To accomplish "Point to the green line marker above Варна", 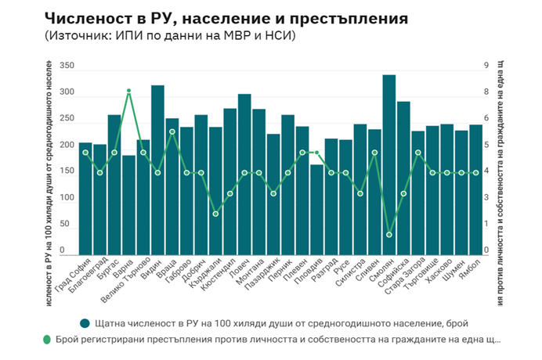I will pyautogui.click(x=128, y=92).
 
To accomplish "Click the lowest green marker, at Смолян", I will pyautogui.click(x=389, y=235).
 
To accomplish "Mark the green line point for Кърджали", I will pyautogui.click(x=215, y=214).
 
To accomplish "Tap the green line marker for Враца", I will pyautogui.click(x=172, y=131).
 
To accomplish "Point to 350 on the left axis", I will pyautogui.click(x=67, y=67).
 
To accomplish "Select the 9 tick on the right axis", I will pyautogui.click(x=486, y=67).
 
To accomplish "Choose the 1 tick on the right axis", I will pyautogui.click(x=486, y=225).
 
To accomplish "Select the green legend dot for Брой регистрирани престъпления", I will pyautogui.click(x=46, y=340).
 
